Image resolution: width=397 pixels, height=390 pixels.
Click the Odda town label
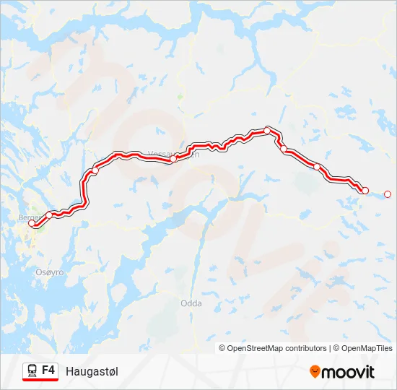coord(191,303)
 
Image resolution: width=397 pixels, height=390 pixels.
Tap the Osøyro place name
coord(51,272)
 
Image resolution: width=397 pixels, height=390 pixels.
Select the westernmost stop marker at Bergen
coord(31,224)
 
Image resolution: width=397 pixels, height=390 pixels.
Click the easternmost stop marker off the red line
coord(388,194)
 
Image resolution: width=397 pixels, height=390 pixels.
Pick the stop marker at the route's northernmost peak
coord(268,130)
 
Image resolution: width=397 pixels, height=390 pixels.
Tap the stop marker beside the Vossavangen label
coord(173,158)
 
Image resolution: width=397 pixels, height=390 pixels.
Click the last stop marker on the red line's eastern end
coord(365,190)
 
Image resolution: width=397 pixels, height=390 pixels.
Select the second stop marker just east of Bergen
coord(49,214)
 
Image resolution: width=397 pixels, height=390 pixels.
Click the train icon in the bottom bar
coord(32,370)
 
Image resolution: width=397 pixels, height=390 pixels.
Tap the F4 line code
coord(48,370)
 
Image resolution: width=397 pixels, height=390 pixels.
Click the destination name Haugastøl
coord(92,371)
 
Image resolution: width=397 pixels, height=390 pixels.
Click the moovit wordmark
coord(349,372)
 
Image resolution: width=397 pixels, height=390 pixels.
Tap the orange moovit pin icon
coord(315,371)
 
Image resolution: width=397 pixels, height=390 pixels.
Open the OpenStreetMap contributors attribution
coord(274,348)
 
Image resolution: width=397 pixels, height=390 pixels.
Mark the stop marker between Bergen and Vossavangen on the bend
coord(95,170)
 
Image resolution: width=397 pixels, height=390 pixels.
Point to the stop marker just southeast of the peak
coord(284,149)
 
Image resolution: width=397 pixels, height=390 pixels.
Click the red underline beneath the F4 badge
coord(40,381)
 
